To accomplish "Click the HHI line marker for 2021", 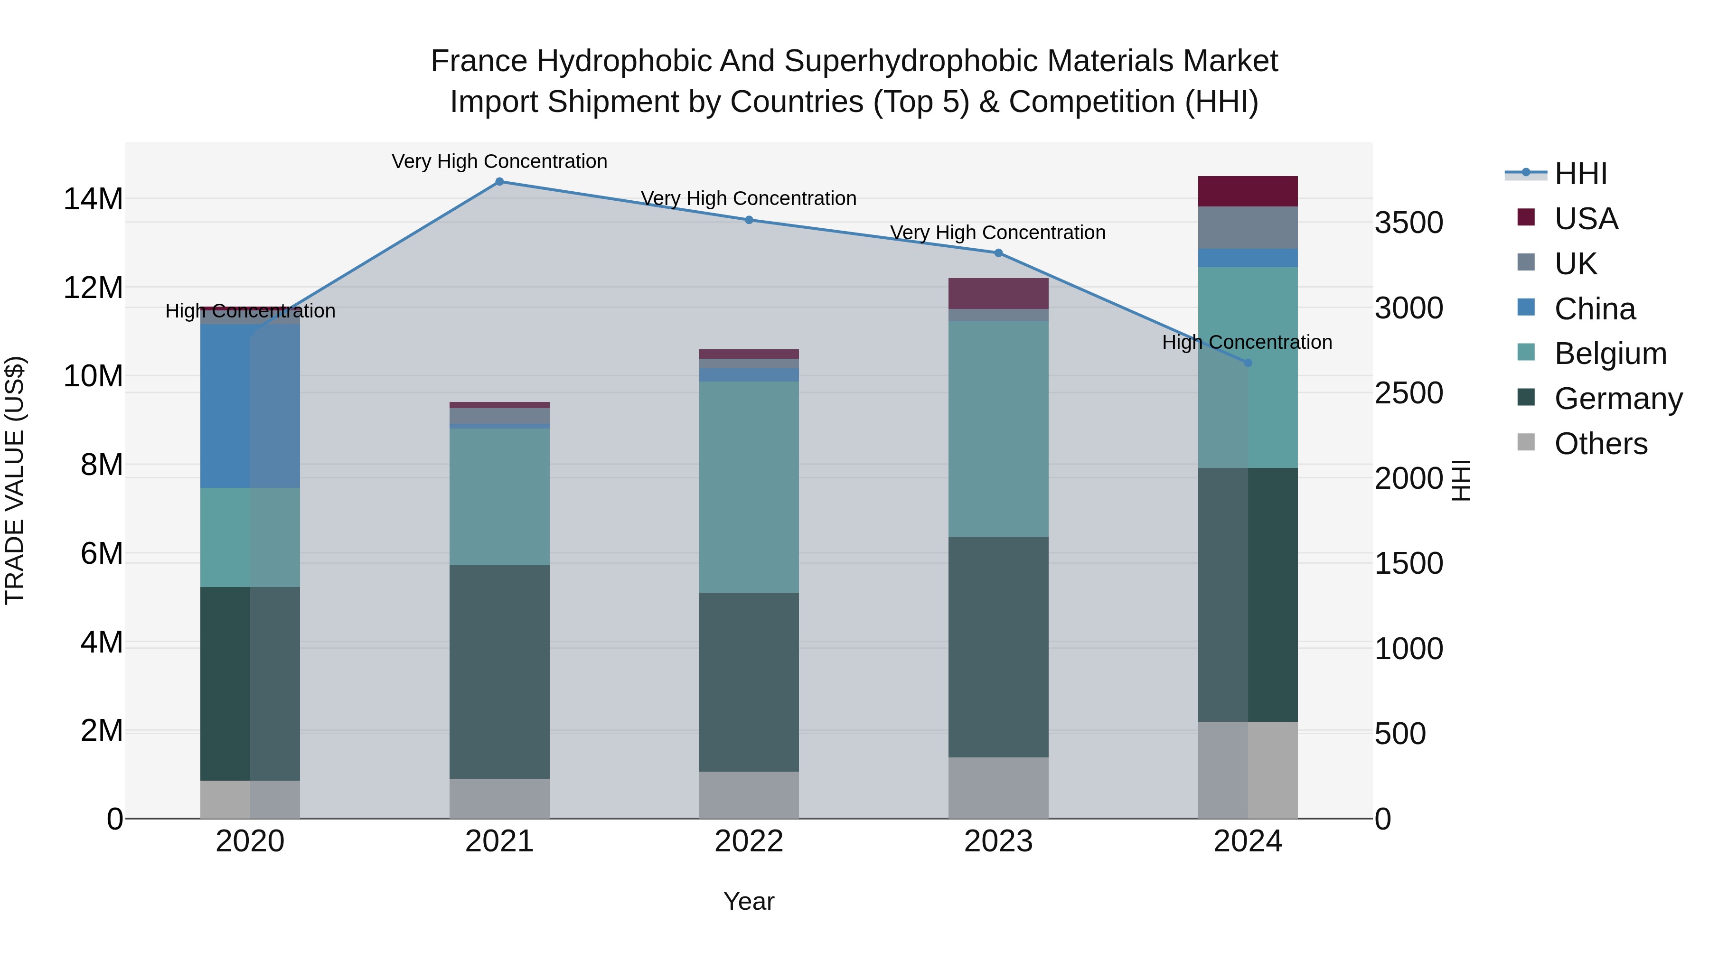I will point(499,181).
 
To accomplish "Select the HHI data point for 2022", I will point(749,220).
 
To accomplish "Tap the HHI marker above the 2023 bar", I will point(998,252).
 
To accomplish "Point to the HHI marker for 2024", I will point(1248,363).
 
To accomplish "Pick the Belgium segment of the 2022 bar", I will point(749,487).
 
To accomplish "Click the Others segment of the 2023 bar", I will point(998,787).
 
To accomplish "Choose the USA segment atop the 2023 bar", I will point(998,293).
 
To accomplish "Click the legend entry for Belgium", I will point(1610,354).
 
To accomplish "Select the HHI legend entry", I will point(1581,174).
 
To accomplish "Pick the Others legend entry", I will point(1600,444).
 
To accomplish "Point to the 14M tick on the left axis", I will point(93,199).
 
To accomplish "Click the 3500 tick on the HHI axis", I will point(1409,223).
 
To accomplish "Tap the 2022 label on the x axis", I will point(749,841).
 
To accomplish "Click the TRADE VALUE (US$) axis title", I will point(15,480).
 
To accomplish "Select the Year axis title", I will point(749,901).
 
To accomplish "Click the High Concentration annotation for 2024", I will point(1247,342).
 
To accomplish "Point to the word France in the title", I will point(479,61).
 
